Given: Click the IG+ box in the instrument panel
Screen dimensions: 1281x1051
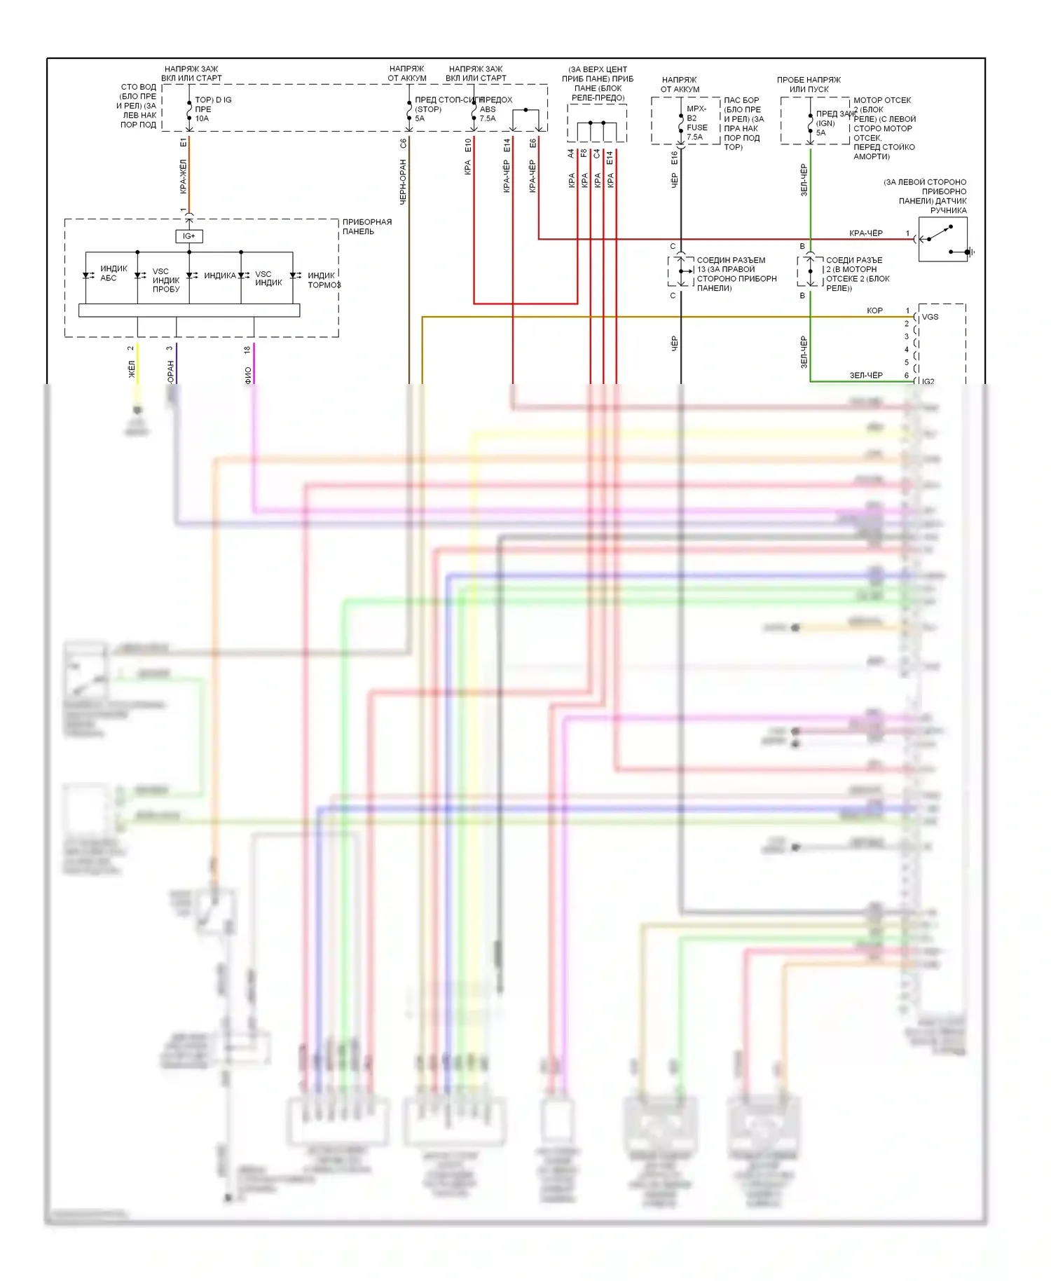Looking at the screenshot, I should click(x=189, y=236).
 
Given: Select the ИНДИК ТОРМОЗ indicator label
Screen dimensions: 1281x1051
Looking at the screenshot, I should click(x=324, y=280).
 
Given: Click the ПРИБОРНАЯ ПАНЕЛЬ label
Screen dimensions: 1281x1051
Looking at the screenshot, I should click(x=366, y=226).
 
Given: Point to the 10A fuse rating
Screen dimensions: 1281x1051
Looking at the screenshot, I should click(x=202, y=118).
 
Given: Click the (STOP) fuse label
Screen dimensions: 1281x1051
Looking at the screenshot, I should click(x=428, y=109).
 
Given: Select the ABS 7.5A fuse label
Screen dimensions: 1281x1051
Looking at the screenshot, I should click(x=488, y=114).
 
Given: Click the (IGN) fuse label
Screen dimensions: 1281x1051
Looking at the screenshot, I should click(x=825, y=123).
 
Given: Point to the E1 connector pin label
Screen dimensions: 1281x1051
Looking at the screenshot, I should click(x=184, y=142).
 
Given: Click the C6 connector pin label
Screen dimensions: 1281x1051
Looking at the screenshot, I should click(x=404, y=143).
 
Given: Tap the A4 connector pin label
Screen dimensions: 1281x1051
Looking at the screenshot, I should click(x=571, y=153).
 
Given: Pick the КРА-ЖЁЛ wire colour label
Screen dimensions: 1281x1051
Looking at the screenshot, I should click(x=184, y=176).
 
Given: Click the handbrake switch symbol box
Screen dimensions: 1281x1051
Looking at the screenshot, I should click(x=942, y=239).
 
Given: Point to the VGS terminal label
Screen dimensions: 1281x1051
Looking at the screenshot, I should click(x=930, y=317).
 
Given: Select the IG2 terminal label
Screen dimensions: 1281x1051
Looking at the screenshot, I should click(x=928, y=381).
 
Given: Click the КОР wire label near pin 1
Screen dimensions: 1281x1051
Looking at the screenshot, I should click(x=874, y=310).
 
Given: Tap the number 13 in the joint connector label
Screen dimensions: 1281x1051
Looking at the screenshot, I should click(x=701, y=270).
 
